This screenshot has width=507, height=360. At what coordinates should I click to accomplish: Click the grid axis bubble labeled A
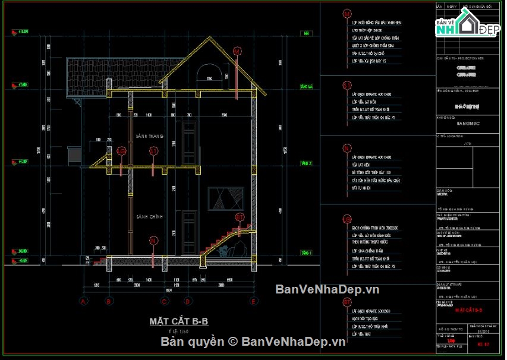tap(83, 302)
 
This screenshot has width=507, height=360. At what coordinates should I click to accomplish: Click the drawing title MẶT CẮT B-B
tap(178, 321)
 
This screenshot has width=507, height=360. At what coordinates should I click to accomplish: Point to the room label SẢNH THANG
tap(149, 136)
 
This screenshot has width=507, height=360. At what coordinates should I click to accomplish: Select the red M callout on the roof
tap(237, 52)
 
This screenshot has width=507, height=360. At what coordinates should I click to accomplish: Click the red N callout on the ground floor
tap(153, 241)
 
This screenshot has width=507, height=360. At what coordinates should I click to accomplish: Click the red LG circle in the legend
tap(347, 149)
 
